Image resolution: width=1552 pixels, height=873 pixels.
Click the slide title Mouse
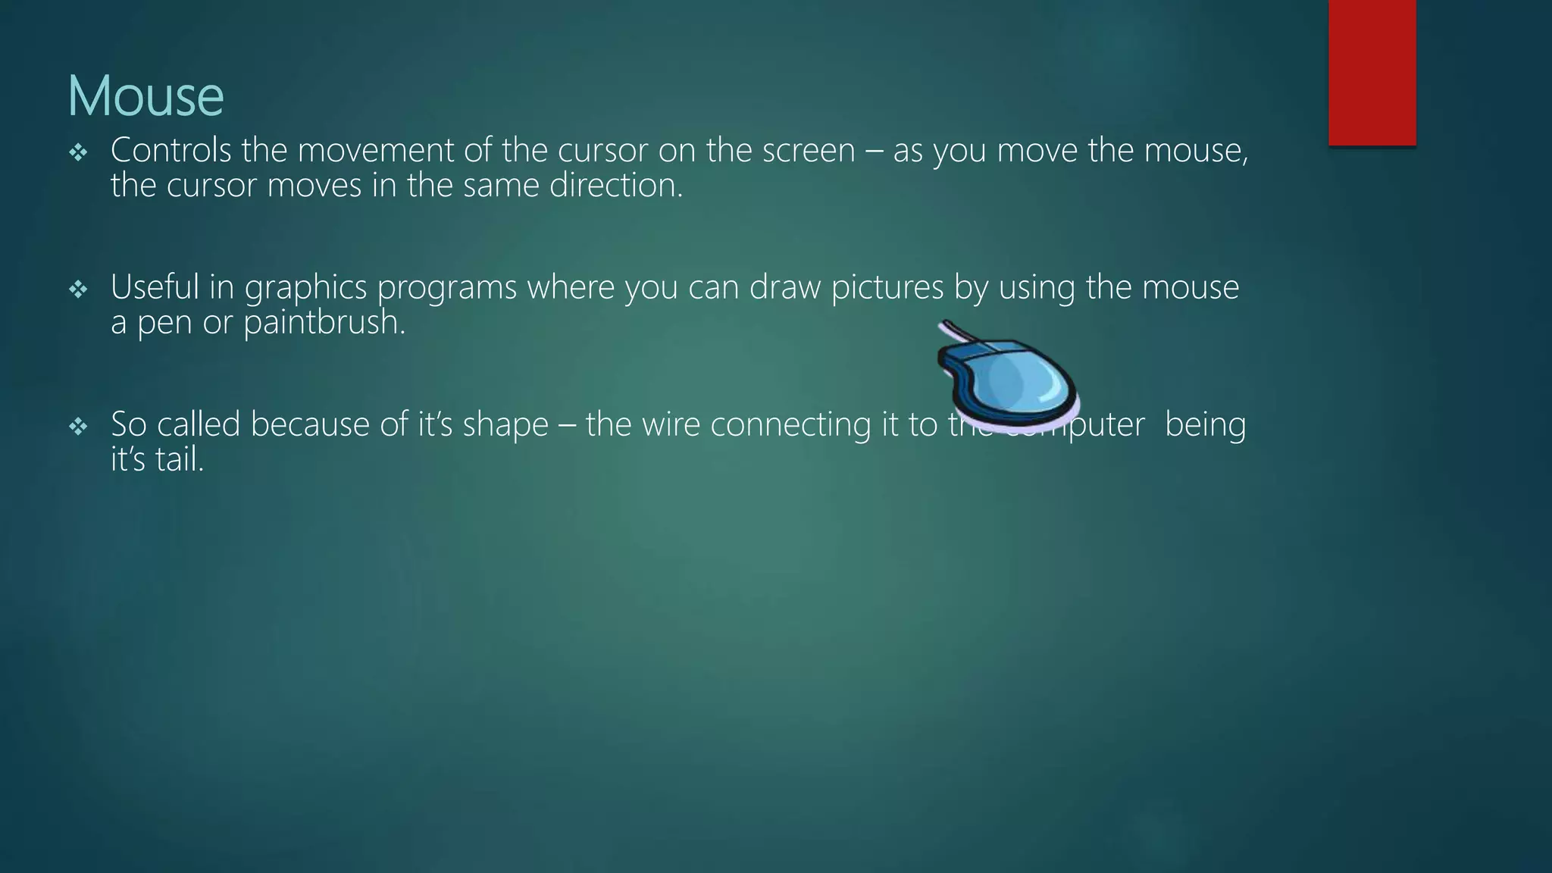pos(145,95)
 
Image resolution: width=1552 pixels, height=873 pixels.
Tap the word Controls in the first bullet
pos(171,150)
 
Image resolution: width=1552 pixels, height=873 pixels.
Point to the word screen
pos(808,150)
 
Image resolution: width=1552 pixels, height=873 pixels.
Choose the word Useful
pos(155,287)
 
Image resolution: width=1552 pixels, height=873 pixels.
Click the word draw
pos(785,287)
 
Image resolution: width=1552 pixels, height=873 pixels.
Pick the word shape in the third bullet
pos(505,424)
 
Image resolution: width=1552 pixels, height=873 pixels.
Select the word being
pos(1205,424)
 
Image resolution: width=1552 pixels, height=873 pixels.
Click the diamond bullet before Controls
pos(78,153)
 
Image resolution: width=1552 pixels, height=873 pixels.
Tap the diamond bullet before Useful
pos(78,289)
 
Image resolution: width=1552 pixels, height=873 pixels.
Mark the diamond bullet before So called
pos(78,427)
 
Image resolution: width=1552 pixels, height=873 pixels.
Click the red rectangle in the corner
pos(1372,72)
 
